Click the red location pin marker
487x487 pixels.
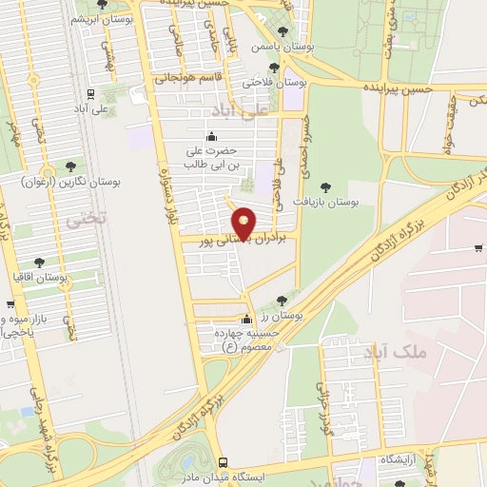click(x=244, y=223)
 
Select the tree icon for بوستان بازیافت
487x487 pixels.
click(x=325, y=187)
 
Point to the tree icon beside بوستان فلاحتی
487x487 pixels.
click(x=275, y=67)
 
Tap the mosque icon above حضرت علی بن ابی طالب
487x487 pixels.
click(x=211, y=134)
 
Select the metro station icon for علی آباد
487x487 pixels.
click(x=89, y=94)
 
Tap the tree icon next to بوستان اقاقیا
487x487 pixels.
click(x=39, y=262)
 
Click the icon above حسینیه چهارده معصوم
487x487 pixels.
click(x=247, y=320)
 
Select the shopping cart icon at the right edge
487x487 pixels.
click(x=477, y=249)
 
